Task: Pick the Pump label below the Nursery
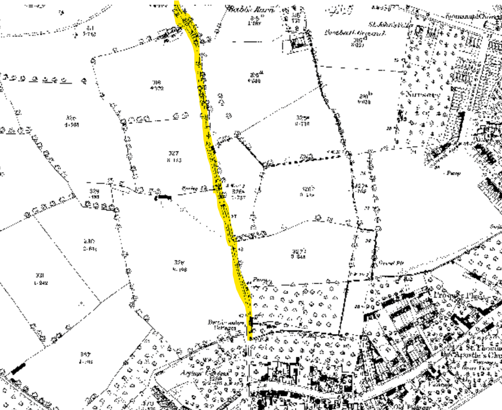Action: (x=453, y=173)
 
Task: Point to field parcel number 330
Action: (x=89, y=241)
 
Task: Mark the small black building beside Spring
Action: (x=164, y=197)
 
